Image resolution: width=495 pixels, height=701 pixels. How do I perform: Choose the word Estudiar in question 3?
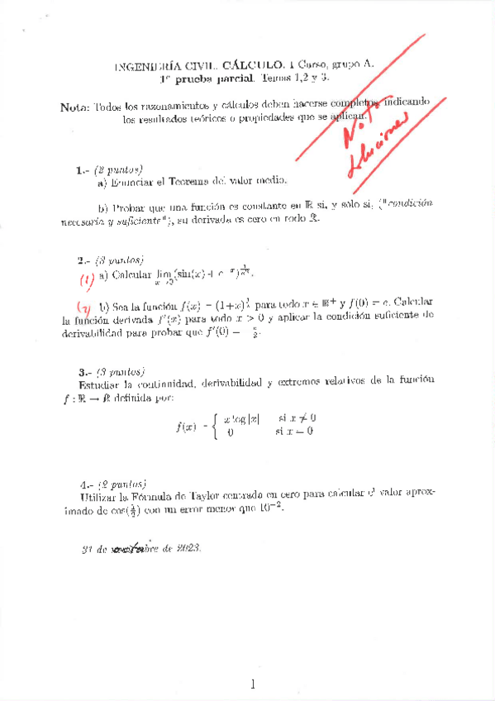pyautogui.click(x=100, y=384)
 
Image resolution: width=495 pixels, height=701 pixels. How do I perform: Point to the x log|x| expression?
pyautogui.click(x=241, y=418)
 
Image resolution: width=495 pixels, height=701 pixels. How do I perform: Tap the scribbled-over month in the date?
pyautogui.click(x=132, y=548)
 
